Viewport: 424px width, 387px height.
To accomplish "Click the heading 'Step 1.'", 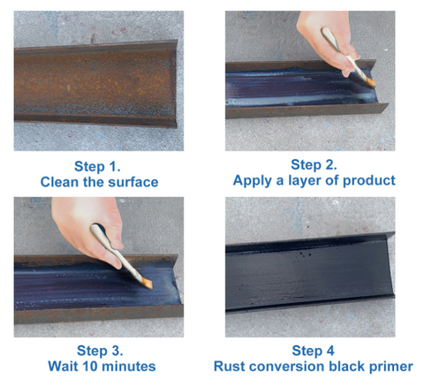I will tap(99, 166).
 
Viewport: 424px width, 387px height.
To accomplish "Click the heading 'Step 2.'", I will tap(314, 164).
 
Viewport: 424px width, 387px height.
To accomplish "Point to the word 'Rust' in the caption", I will tap(231, 367).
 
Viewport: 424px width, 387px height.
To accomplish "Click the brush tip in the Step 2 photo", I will tap(369, 82).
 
